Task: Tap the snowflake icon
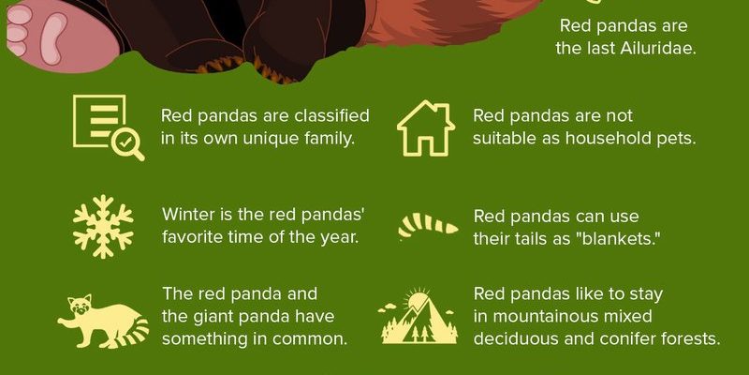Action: click(x=103, y=227)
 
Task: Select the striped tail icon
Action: click(x=428, y=226)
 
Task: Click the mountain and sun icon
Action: click(x=418, y=316)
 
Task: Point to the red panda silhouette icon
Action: click(x=103, y=321)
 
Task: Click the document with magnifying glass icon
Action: click(x=108, y=127)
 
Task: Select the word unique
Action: click(x=268, y=139)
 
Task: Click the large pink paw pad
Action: click(x=53, y=37)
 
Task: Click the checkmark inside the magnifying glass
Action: click(x=125, y=142)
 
